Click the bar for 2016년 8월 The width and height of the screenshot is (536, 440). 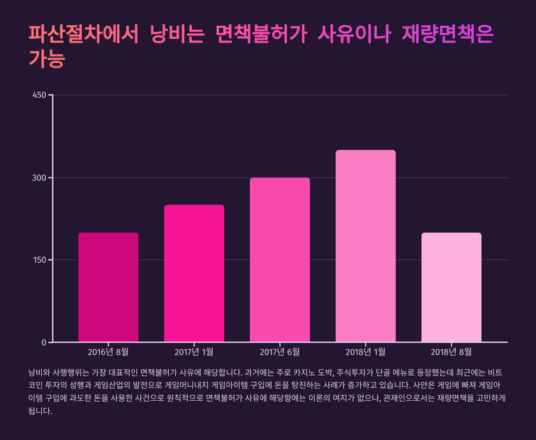tap(108, 287)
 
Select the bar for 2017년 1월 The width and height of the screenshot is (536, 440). tap(194, 273)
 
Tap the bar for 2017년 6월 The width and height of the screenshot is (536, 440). tap(280, 260)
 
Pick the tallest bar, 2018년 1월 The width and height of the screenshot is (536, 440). tap(366, 246)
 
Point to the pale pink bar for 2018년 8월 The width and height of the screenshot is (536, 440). tap(452, 287)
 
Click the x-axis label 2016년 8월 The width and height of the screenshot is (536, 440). tap(108, 352)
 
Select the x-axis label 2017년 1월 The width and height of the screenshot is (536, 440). tap(194, 352)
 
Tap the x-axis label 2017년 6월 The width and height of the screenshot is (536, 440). tap(280, 352)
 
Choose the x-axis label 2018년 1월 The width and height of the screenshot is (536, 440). tap(366, 352)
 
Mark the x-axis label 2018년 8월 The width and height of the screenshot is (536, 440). tap(452, 352)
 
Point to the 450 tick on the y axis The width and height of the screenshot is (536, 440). tap(40, 95)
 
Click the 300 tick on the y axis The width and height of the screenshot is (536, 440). tap(40, 177)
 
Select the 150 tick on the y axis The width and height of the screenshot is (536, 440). tap(40, 260)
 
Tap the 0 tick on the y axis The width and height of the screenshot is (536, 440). tap(44, 342)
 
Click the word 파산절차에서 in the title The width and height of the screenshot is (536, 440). tap(83, 34)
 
